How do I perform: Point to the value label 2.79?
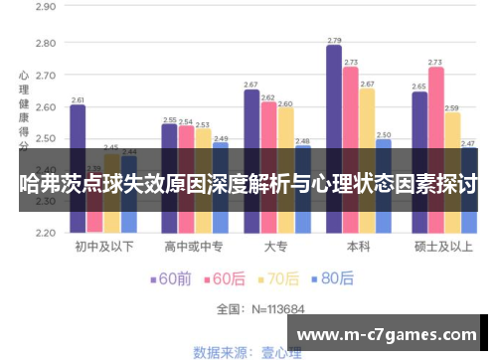[x=334, y=41]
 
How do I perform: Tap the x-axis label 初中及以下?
[x=103, y=248]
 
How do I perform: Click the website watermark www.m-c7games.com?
[x=391, y=333]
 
